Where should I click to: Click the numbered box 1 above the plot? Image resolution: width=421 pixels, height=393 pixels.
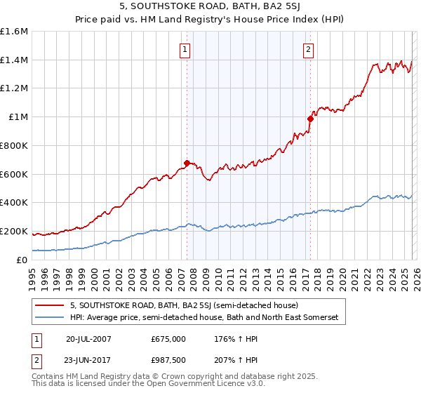click(184, 49)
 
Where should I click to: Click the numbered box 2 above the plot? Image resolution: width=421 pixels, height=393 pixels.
click(308, 49)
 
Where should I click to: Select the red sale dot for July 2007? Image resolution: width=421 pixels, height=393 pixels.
click(187, 163)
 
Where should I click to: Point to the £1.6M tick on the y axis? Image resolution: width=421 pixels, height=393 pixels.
click(15, 32)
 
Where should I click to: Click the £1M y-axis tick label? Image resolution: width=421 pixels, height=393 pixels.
click(19, 117)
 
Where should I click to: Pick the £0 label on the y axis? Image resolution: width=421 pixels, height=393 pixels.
click(23, 260)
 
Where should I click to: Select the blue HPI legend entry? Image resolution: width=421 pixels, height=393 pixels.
click(203, 318)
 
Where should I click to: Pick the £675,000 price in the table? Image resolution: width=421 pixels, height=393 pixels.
click(168, 338)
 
